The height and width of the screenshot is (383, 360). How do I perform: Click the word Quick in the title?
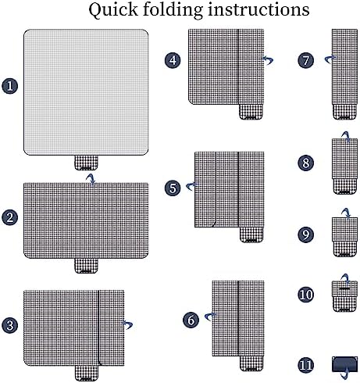113,10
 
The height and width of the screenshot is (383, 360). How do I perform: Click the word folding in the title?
173,10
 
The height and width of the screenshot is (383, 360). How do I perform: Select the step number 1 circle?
10,86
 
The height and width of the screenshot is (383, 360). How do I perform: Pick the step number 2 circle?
10,217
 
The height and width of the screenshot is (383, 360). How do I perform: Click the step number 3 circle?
10,325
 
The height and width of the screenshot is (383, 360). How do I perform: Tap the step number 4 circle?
173,60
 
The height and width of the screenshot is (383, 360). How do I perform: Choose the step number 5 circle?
173,188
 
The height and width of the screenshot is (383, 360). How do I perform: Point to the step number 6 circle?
191,320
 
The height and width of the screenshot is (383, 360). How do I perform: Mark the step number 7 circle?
306,60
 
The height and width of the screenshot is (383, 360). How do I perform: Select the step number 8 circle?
306,163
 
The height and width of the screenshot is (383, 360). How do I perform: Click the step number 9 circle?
306,234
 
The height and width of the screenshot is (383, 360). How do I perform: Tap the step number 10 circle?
306,295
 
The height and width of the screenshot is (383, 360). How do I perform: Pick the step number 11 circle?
306,365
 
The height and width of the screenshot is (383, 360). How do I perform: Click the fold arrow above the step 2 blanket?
91,179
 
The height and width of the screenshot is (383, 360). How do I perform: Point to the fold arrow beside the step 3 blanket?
128,324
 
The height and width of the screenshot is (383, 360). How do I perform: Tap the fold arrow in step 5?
191,186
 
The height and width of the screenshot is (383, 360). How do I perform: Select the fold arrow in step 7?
330,59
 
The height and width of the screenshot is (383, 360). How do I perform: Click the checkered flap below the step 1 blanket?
86,163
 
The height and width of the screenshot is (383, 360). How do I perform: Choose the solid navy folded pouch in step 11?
345,364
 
